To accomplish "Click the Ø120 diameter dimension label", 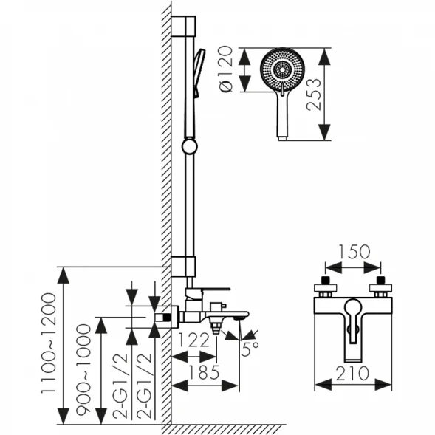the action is (225, 69).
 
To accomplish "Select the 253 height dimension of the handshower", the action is (314, 95).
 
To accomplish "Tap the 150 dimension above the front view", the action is (354, 252).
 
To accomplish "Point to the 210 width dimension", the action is (352, 374).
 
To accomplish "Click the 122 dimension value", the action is (193, 340).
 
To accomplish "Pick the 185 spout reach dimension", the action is (204, 372).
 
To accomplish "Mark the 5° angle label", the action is (250, 349).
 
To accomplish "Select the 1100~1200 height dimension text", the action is (49, 343).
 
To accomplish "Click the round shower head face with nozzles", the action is (282, 69).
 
